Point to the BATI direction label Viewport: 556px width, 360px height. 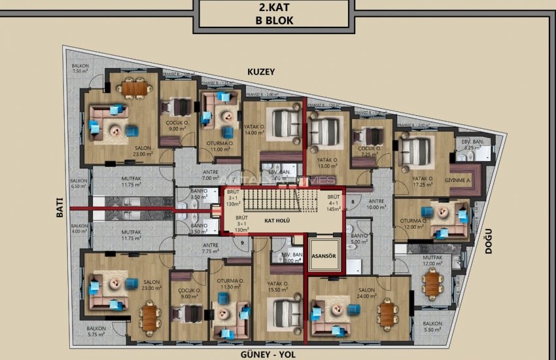point(59,208)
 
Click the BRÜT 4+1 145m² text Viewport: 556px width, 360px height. point(334,203)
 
